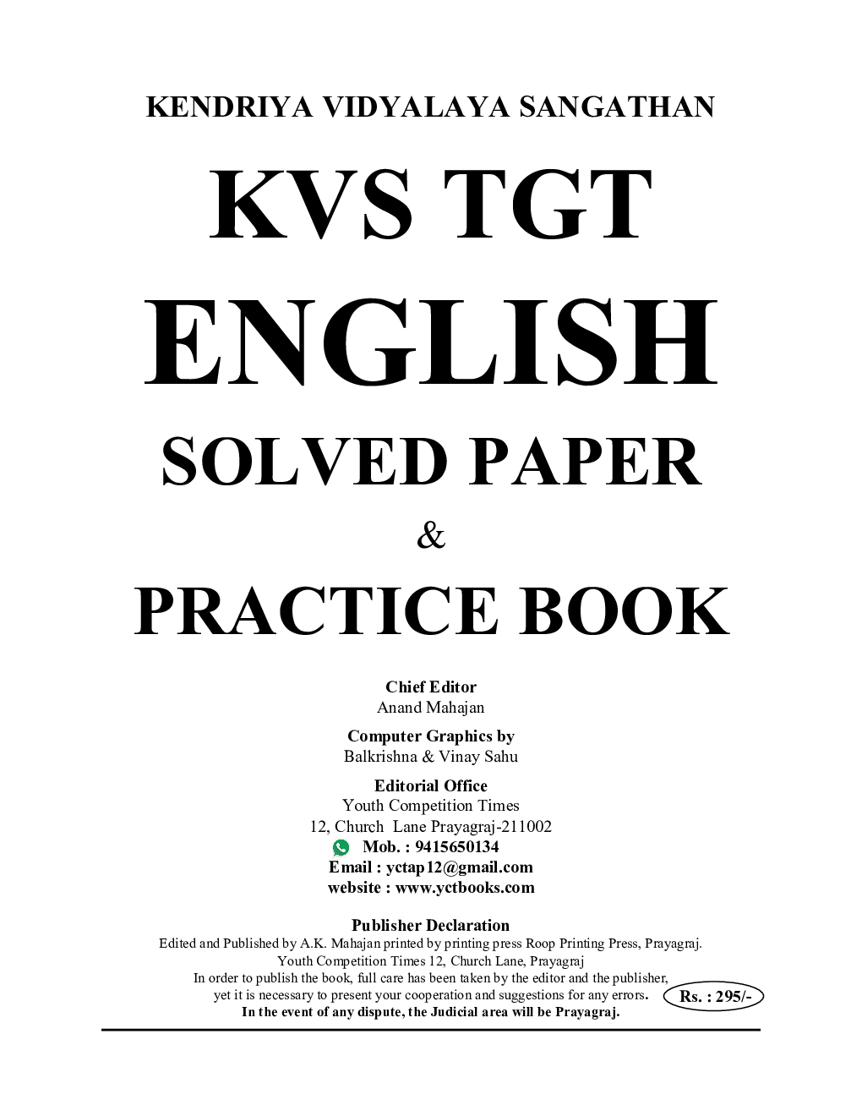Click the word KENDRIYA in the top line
click(x=230, y=107)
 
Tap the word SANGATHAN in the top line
click(x=617, y=107)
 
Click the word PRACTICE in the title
click(x=316, y=611)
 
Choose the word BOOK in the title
click(x=624, y=611)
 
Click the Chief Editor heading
click(x=431, y=687)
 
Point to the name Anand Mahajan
click(x=431, y=707)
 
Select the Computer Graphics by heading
click(x=431, y=736)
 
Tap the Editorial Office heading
click(x=431, y=785)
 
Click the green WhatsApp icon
click(x=341, y=847)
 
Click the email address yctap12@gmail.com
click(x=460, y=867)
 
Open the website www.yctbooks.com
click(x=465, y=888)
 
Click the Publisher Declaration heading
click(x=431, y=926)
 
